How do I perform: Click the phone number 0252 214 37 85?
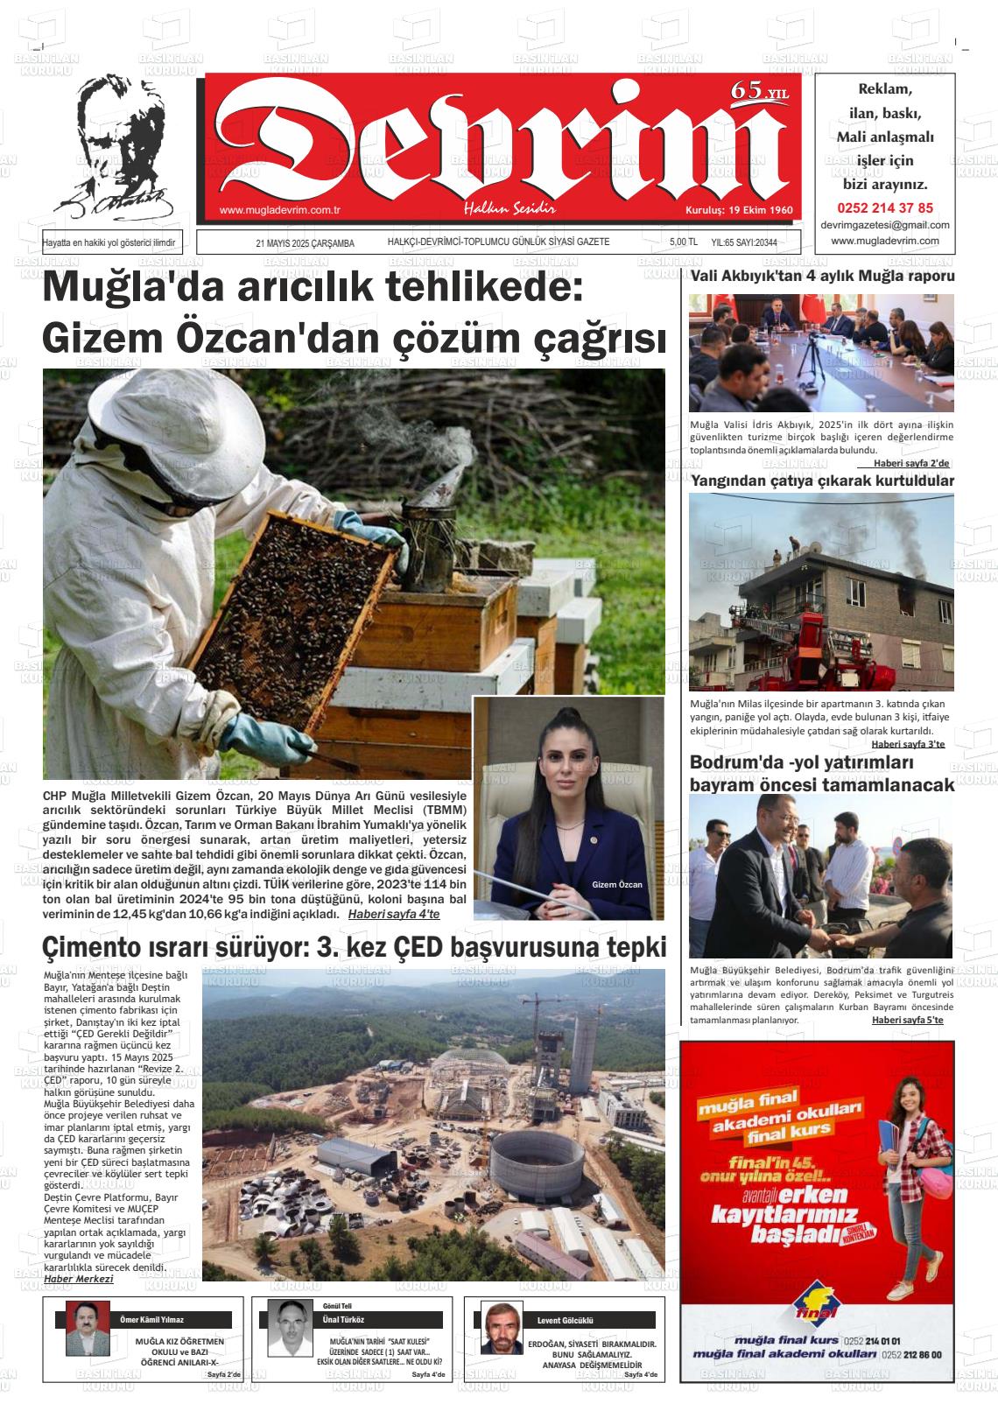pyautogui.click(x=885, y=208)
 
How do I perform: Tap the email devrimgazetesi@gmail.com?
pyautogui.click(x=885, y=225)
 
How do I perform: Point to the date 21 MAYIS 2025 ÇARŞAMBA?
pyautogui.click(x=305, y=243)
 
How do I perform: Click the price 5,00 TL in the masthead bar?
pyautogui.click(x=683, y=243)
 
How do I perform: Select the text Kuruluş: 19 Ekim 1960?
pyautogui.click(x=738, y=211)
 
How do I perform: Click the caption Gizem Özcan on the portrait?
pyautogui.click(x=616, y=884)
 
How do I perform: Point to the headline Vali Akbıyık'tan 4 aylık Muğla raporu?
pyautogui.click(x=822, y=277)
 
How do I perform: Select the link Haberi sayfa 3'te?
pyautogui.click(x=908, y=744)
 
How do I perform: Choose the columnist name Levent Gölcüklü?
pyautogui.click(x=566, y=1320)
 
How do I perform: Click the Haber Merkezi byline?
pyautogui.click(x=78, y=1278)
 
